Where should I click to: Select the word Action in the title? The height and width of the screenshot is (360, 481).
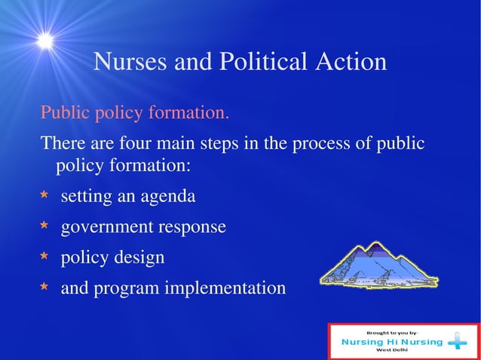tap(349, 62)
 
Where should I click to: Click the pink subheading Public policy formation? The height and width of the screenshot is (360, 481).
tap(134, 114)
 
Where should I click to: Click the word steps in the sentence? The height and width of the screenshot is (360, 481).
tap(216, 143)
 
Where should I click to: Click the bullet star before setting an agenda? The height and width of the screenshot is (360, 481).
tap(44, 197)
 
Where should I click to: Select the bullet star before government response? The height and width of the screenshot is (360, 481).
tap(44, 227)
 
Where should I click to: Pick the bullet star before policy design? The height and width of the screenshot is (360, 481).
tap(44, 258)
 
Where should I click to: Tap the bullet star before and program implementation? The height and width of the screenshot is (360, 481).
tap(44, 288)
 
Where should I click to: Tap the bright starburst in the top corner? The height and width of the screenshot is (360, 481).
tap(45, 41)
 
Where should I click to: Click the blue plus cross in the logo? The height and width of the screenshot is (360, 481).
tap(457, 343)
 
